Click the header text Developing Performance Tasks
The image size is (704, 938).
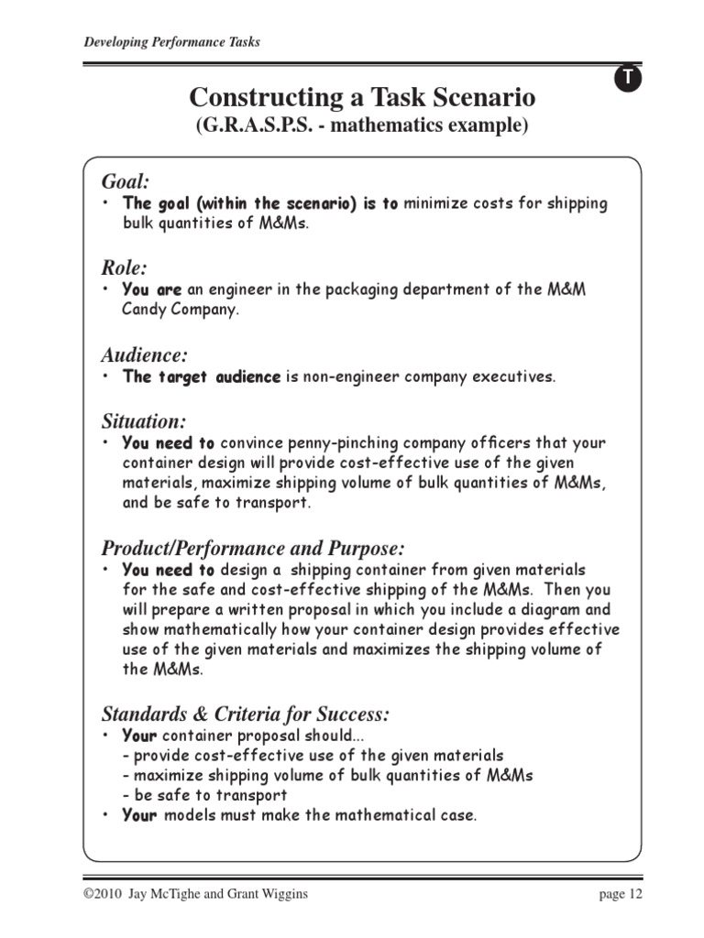pyautogui.click(x=171, y=42)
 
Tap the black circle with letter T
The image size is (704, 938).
pyautogui.click(x=628, y=79)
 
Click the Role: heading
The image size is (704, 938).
pyautogui.click(x=124, y=267)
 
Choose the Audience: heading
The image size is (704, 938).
pyautogui.click(x=145, y=354)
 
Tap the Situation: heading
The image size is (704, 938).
pyautogui.click(x=144, y=421)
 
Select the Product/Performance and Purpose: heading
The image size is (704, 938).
pyautogui.click(x=252, y=548)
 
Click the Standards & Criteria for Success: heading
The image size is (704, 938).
pyautogui.click(x=246, y=714)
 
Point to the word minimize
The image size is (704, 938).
pyautogui.click(x=436, y=203)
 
